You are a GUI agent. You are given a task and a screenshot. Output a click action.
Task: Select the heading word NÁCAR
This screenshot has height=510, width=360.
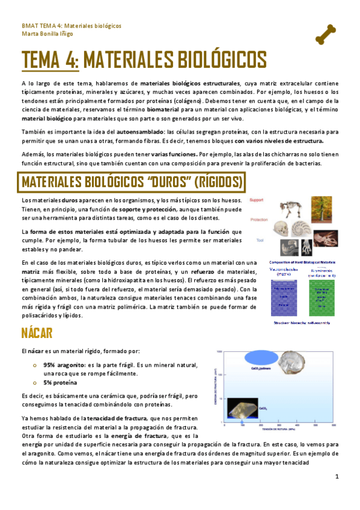(37, 333)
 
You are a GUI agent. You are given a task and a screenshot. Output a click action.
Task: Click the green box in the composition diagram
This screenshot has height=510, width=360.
(324, 295)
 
